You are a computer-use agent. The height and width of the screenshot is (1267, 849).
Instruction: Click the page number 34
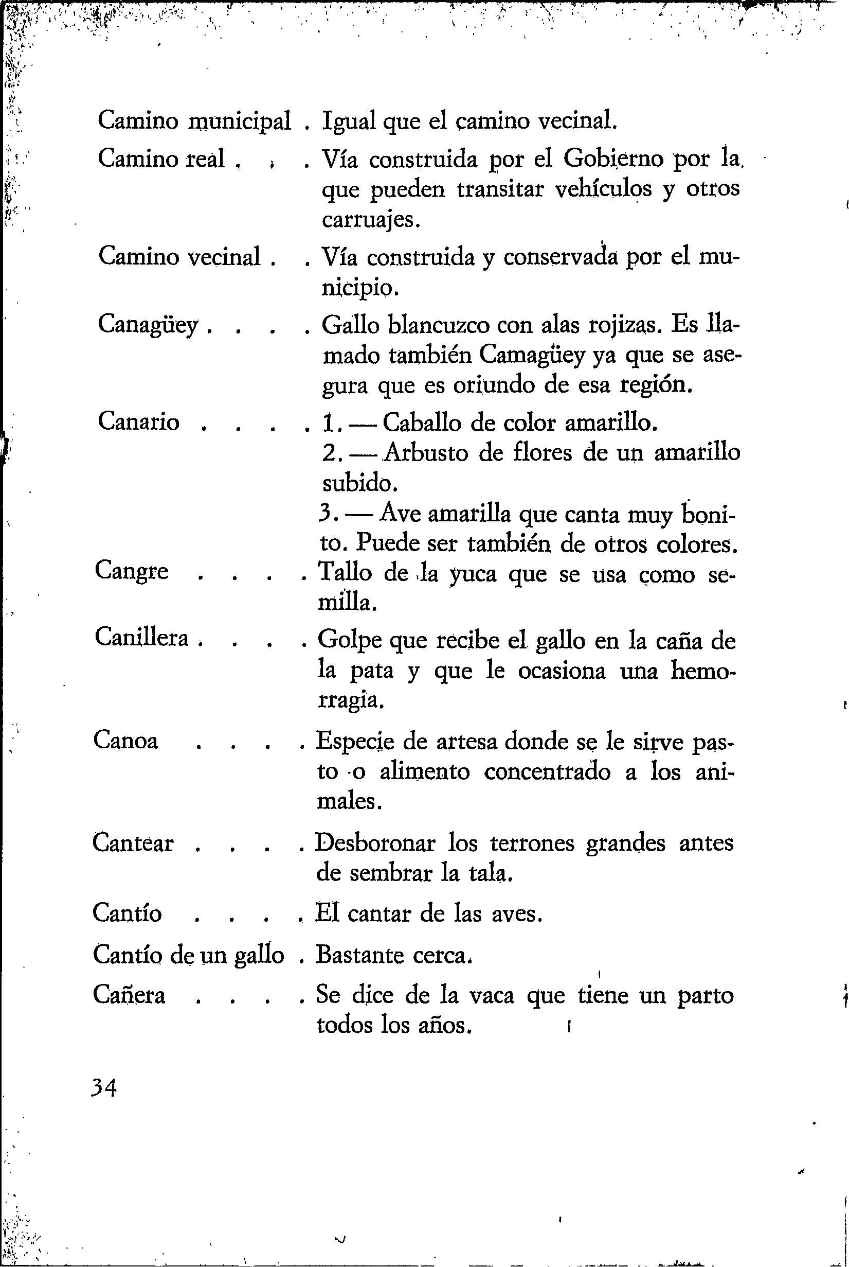[105, 1086]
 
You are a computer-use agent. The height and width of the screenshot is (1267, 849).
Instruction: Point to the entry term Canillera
[141, 638]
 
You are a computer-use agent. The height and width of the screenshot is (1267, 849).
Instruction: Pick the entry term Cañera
[130, 995]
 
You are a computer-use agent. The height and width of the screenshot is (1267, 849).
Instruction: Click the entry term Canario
[139, 421]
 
